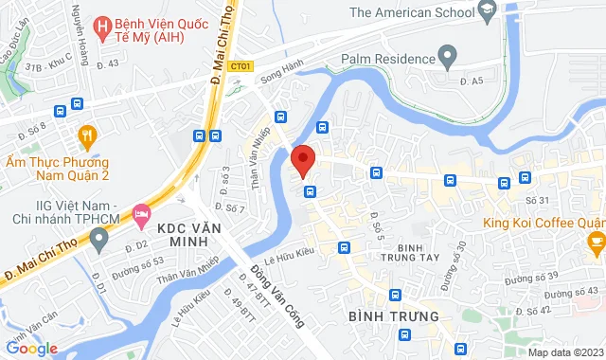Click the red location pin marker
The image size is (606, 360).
pyautogui.click(x=302, y=160)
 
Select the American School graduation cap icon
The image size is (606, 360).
pyautogui.click(x=488, y=11)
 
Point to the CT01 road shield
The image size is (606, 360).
pyautogui.click(x=241, y=65)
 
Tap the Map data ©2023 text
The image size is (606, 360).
pyautogui.click(x=564, y=352)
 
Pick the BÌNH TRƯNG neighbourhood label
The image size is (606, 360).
pyautogui.click(x=393, y=315)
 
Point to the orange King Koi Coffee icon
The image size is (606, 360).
pyautogui.click(x=596, y=243)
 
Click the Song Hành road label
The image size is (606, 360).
pyautogui.click(x=277, y=83)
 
